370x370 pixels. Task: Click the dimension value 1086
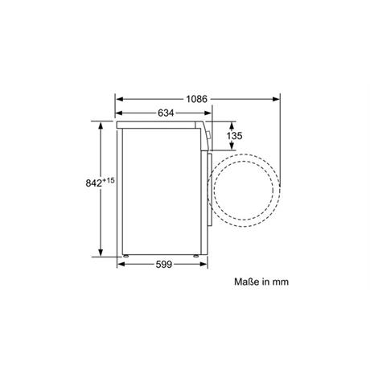point(197,99)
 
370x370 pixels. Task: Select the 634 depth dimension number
point(166,113)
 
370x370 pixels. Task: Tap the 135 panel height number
point(234,136)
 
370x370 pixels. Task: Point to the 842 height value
point(94,183)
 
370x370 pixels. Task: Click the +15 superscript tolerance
point(109,180)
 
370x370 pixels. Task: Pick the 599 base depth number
point(164,265)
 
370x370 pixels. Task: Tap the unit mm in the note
point(281,282)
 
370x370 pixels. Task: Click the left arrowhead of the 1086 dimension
point(119,99)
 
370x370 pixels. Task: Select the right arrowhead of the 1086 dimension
point(276,99)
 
